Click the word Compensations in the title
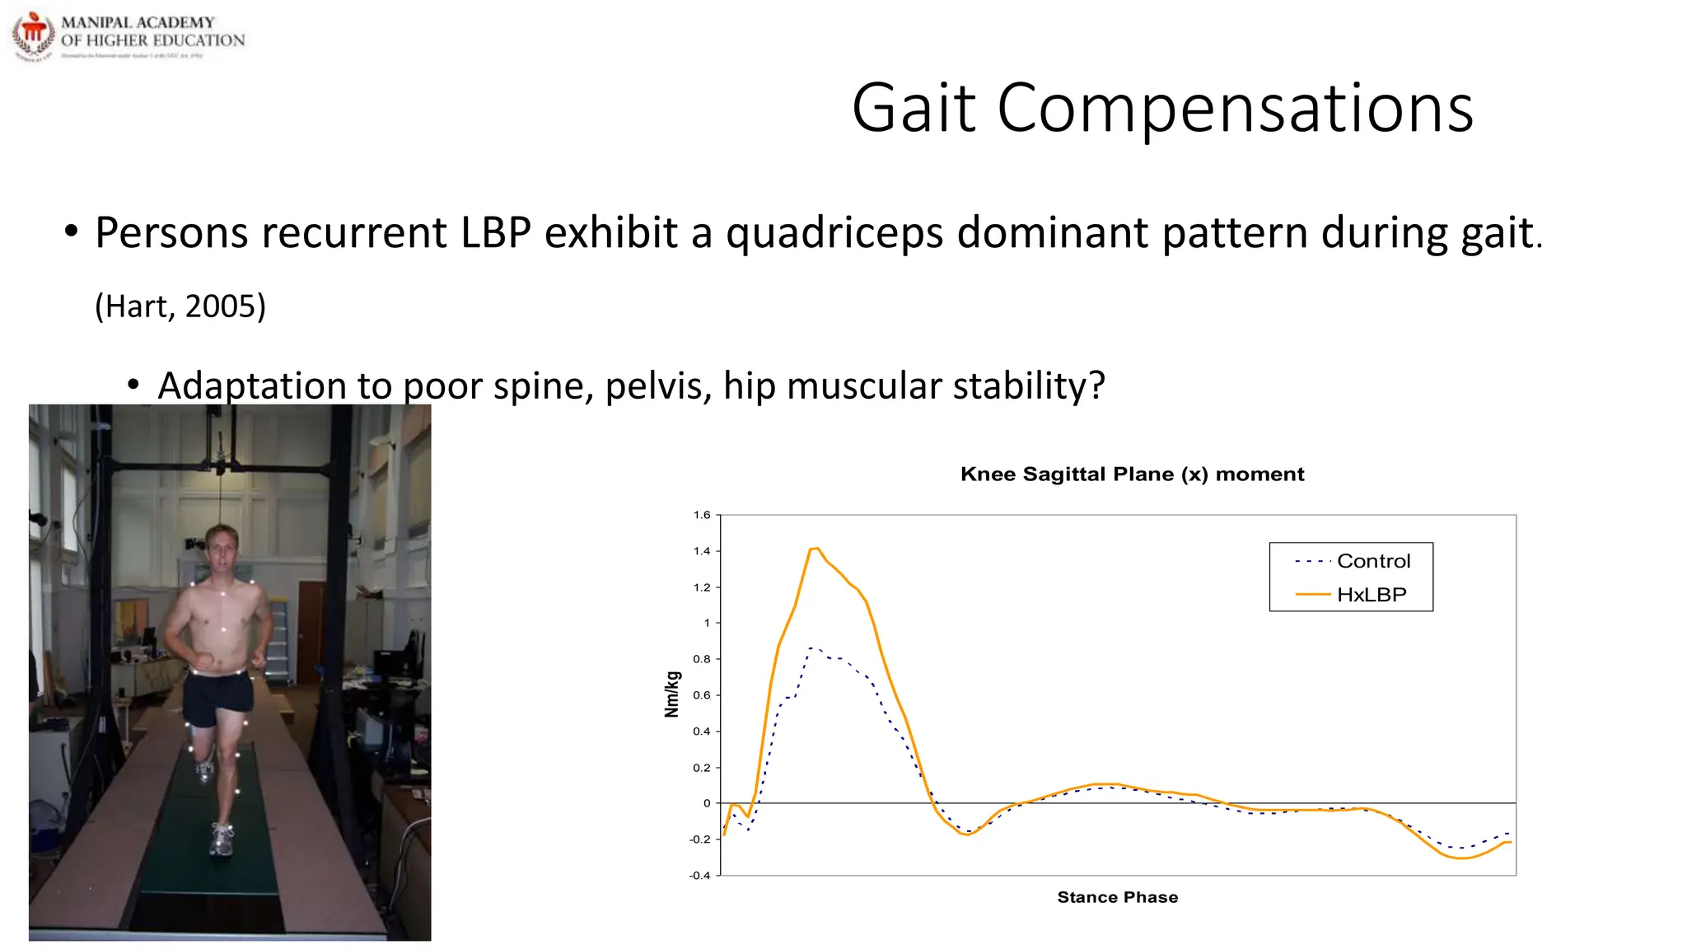[x=1235, y=109]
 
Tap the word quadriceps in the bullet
[x=834, y=233]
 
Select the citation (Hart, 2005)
[x=180, y=306]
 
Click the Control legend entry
[x=1372, y=561]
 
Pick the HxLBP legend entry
[x=1371, y=595]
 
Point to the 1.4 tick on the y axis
[x=702, y=551]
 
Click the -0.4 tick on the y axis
[x=699, y=875]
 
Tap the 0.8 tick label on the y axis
[x=702, y=659]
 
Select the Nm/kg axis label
[x=672, y=694]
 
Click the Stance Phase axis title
[x=1117, y=897]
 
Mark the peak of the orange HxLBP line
[x=815, y=548]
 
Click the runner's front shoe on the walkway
[x=222, y=840]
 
